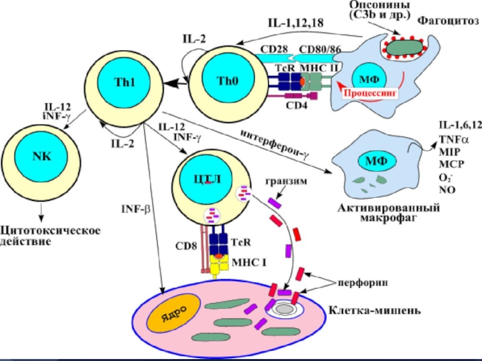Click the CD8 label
(x=186, y=245)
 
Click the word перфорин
(x=358, y=281)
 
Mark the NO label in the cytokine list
(x=446, y=190)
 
